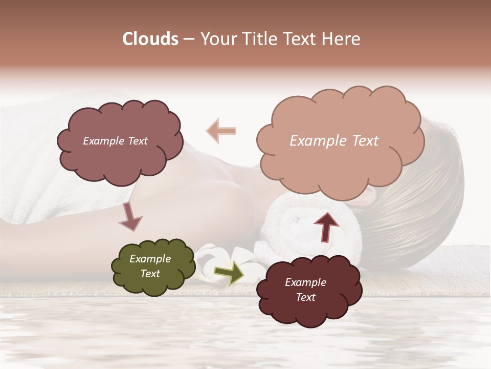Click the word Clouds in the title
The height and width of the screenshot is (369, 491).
150,39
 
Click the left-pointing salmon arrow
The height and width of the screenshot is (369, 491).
221,131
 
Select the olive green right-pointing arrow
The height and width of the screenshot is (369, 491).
229,273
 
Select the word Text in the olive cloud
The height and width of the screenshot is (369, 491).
150,274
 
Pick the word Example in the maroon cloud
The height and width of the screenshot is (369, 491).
305,282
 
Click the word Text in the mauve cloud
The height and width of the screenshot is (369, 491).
137,141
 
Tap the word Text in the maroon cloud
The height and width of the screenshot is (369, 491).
305,297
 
